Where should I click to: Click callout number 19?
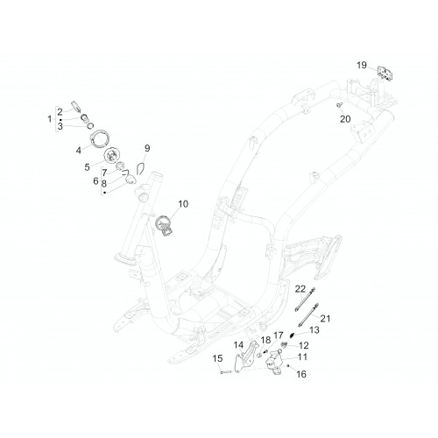click(x=362, y=65)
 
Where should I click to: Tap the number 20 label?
click(x=345, y=119)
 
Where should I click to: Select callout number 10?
click(x=183, y=204)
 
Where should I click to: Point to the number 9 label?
click(x=147, y=148)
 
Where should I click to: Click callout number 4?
click(x=79, y=151)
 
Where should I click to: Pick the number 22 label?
click(x=300, y=289)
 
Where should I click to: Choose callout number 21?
click(x=325, y=319)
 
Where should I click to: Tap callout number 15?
click(x=217, y=358)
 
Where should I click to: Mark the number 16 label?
click(x=301, y=374)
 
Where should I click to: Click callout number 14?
click(x=238, y=345)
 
